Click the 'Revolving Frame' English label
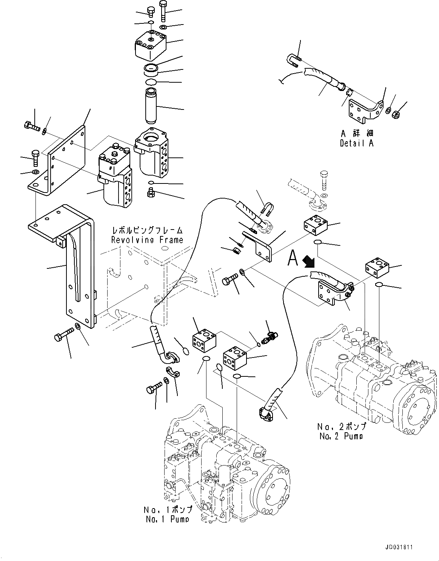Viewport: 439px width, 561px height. coord(147,240)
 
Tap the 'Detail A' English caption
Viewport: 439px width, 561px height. coord(356,143)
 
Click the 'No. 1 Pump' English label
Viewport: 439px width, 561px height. coord(167,519)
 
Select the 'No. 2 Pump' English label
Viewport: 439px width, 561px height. coord(341,436)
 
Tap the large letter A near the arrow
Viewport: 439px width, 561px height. coord(293,258)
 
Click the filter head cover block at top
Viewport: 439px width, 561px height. coord(151,46)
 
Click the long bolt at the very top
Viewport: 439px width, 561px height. coord(163,10)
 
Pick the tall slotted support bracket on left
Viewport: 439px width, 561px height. coord(79,264)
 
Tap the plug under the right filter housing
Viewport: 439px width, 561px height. coord(151,194)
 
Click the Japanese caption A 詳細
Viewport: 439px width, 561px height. coord(356,134)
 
